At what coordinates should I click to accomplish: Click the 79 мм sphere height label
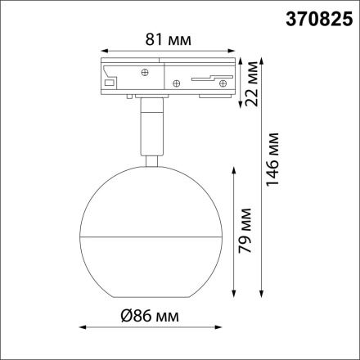[250, 237]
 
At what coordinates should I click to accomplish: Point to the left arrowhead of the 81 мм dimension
[100, 49]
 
